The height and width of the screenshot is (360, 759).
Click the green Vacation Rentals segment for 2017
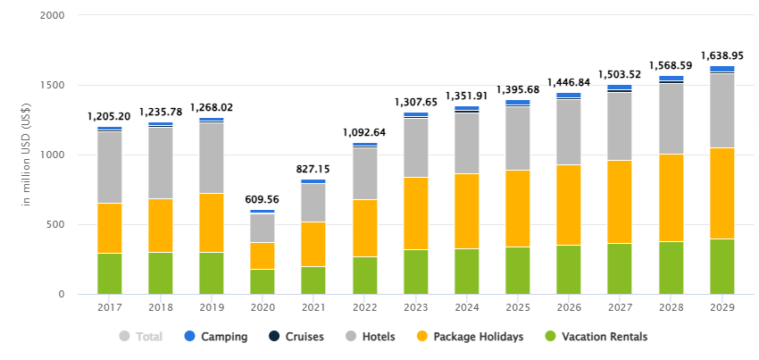pos(110,273)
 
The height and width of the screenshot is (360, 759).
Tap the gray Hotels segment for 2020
pos(263,228)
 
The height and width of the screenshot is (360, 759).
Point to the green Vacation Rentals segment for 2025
pos(518,271)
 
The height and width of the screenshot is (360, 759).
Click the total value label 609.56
pos(263,200)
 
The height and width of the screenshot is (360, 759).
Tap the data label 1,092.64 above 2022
pos(364,132)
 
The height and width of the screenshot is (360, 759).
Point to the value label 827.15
pos(313,169)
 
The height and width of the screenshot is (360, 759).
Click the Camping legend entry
pos(216,337)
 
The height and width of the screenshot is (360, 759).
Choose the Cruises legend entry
pos(298,337)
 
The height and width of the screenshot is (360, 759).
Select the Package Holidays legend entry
pos(471,337)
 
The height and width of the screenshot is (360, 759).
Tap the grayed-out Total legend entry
pos(143,337)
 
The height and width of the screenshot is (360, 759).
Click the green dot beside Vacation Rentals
pos(550,337)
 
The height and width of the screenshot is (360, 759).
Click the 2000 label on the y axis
pos(53,16)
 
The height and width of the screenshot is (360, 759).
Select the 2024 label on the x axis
pos(467,307)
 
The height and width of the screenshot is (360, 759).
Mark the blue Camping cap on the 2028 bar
pos(671,79)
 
